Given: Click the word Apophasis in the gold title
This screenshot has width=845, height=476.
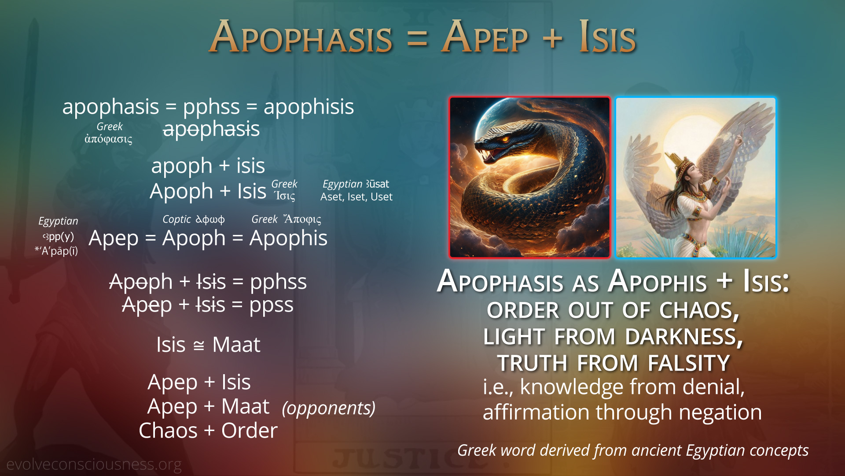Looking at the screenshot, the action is (301, 37).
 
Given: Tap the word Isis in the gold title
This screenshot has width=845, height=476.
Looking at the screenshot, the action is (607, 37).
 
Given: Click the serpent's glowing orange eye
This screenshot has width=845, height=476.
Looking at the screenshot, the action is (505, 140).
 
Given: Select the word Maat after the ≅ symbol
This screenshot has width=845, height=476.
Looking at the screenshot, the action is (236, 345).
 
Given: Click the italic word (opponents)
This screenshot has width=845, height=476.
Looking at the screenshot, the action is (329, 408).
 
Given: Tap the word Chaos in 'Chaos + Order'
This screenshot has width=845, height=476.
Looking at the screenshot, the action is (168, 431).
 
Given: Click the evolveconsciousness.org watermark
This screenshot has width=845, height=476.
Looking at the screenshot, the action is (94, 465).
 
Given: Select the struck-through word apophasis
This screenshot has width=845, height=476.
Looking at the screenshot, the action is (211, 129).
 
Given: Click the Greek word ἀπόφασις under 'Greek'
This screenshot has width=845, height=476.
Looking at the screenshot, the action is (108, 139).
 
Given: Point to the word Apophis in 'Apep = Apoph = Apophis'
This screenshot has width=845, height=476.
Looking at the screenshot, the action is (288, 238).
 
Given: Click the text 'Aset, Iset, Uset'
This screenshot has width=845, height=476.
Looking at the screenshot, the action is (356, 197).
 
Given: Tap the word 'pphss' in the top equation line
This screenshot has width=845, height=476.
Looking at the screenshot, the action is (212, 107).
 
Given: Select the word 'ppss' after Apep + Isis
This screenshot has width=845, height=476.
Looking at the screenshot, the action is (271, 305).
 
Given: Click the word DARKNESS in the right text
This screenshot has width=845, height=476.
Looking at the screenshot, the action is (684, 337).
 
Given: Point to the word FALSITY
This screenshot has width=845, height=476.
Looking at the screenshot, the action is (689, 363).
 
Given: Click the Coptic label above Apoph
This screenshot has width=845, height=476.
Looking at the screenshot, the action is (176, 219).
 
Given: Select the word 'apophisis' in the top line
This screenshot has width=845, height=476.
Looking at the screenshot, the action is (309, 107).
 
